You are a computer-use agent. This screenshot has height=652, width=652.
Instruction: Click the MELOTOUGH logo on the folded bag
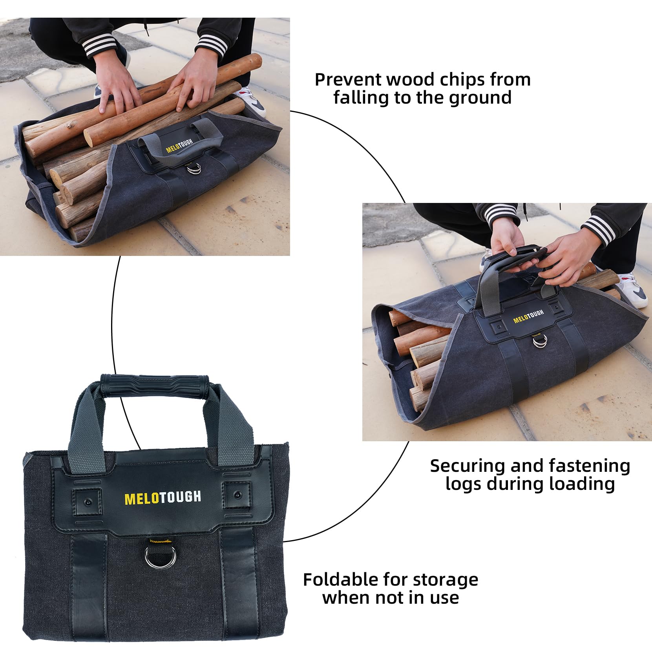point(163,498)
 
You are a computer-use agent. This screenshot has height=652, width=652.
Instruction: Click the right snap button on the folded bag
point(237,495)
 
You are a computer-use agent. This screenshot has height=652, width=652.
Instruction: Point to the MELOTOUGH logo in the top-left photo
point(179,146)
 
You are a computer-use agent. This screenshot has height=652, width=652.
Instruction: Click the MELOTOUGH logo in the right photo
point(528,316)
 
